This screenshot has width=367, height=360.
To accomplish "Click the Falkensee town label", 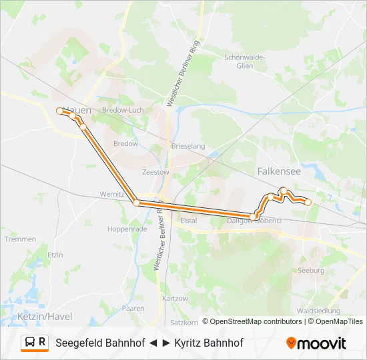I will pyautogui.click(x=279, y=171).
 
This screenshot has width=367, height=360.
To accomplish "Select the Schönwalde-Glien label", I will pyautogui.click(x=245, y=61).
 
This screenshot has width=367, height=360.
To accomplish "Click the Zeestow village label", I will pyautogui.click(x=155, y=171).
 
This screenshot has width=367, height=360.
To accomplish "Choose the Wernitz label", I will pyautogui.click(x=111, y=194).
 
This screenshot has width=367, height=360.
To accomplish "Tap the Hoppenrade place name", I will pyautogui.click(x=127, y=229).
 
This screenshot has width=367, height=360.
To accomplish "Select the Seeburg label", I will pyautogui.click(x=312, y=271).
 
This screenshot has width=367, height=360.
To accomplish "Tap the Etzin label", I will pyautogui.click(x=55, y=255).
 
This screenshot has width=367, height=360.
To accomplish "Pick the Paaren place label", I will pyautogui.click(x=133, y=308).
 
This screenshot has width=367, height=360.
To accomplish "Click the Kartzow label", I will pyautogui.click(x=175, y=298).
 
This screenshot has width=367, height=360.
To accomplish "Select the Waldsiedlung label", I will pyautogui.click(x=319, y=311).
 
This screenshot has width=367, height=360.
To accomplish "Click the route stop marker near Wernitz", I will pyautogui.click(x=136, y=203).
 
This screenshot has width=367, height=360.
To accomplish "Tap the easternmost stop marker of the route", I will pyautogui.click(x=308, y=201).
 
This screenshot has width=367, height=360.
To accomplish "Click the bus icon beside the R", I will pyautogui.click(x=30, y=342).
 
